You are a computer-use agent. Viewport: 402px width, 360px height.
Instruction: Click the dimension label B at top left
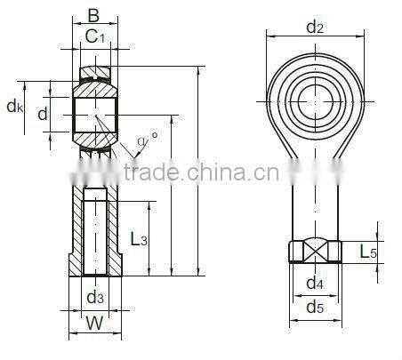click(x=92, y=15)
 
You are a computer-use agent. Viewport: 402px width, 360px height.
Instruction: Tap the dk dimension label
click(x=15, y=108)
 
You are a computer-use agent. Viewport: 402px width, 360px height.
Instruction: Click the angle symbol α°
click(x=149, y=140)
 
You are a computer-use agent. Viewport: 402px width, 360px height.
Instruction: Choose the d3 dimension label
click(x=93, y=297)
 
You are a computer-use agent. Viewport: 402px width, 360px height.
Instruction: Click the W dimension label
click(x=93, y=324)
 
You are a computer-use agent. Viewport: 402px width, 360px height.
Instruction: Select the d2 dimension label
click(x=314, y=27)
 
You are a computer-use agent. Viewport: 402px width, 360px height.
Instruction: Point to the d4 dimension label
click(x=314, y=284)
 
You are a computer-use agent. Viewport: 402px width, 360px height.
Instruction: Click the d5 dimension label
click(x=314, y=308)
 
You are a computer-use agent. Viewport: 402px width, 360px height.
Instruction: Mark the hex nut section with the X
click(x=315, y=252)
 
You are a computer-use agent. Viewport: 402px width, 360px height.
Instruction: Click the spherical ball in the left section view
click(x=93, y=115)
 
